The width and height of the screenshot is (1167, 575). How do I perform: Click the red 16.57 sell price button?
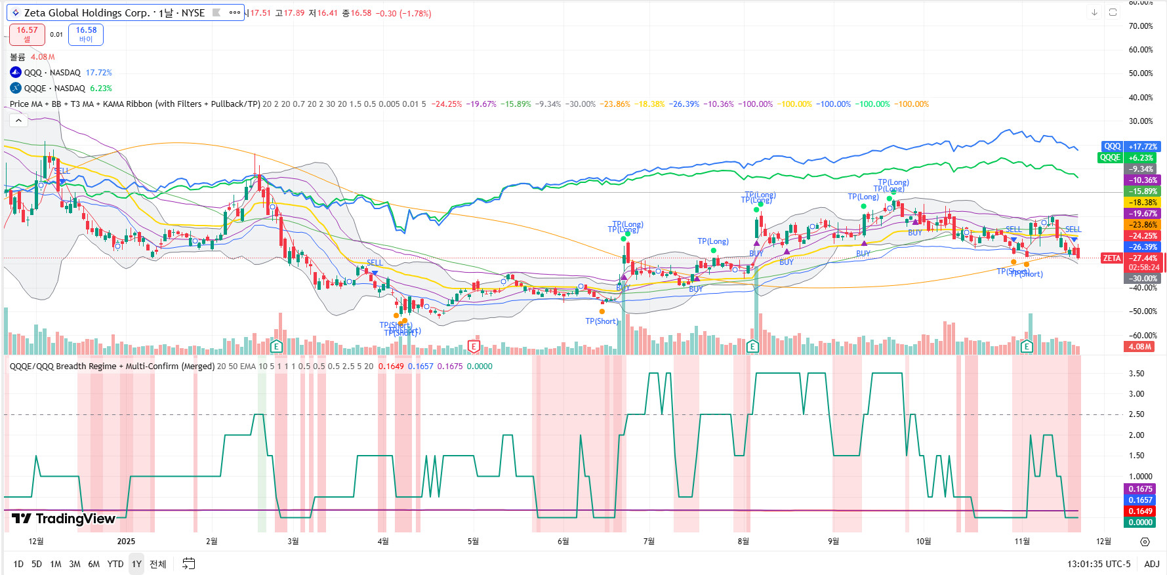(27, 34)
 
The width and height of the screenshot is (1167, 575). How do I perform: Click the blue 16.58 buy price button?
(86, 34)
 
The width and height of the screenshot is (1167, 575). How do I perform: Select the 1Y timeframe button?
(136, 564)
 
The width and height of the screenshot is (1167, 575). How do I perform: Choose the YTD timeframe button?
(115, 564)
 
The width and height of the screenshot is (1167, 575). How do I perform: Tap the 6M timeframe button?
(94, 564)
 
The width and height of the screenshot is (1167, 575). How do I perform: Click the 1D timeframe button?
(18, 564)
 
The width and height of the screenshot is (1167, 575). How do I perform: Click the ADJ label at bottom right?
(1151, 564)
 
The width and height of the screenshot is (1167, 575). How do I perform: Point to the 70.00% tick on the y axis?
(1141, 26)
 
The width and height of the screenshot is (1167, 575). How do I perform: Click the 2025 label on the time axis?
(126, 541)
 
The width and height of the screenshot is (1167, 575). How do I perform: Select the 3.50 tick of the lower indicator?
(1136, 374)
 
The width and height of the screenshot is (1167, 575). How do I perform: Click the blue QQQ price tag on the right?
(1113, 147)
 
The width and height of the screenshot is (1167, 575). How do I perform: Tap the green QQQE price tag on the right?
(1110, 158)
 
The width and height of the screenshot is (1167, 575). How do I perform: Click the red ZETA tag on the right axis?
(1112, 258)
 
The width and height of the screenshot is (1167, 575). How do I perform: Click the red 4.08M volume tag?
(1140, 347)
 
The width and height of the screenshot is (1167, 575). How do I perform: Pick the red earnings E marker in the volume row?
(474, 346)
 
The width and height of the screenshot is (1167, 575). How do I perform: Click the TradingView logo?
(64, 519)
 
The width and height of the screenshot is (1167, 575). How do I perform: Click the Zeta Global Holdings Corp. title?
(113, 13)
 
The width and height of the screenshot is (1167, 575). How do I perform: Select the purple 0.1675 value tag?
(1140, 489)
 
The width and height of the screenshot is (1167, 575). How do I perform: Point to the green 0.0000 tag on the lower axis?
(1140, 523)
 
